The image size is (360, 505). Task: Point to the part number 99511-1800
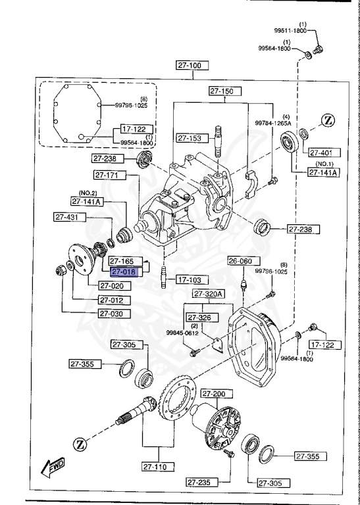[291, 30]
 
